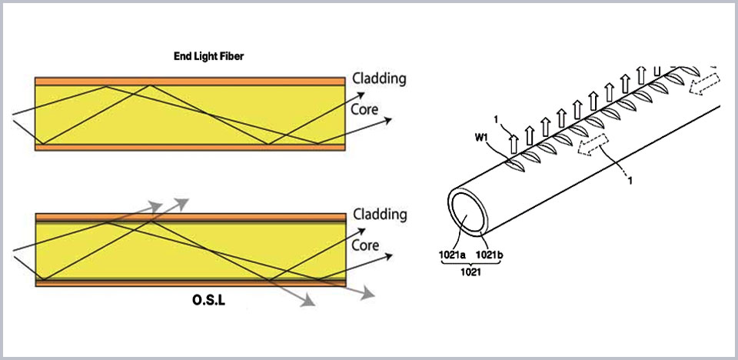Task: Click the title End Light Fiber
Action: pyautogui.click(x=209, y=57)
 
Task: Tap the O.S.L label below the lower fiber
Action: pyautogui.click(x=208, y=300)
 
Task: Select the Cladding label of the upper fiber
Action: pyautogui.click(x=379, y=78)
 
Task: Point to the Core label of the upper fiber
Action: pyautogui.click(x=364, y=109)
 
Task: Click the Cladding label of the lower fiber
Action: pyautogui.click(x=380, y=215)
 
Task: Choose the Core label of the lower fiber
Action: pyautogui.click(x=365, y=245)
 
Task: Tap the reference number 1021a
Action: pyautogui.click(x=452, y=255)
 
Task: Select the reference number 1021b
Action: pyautogui.click(x=490, y=255)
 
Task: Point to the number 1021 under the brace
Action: pyautogui.click(x=470, y=272)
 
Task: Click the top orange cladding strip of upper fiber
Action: pyautogui.click(x=190, y=81)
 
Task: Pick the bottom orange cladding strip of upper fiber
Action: pyautogui.click(x=190, y=147)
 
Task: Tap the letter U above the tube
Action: pyautogui.click(x=657, y=71)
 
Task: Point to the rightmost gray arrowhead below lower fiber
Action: pyautogui.click(x=367, y=294)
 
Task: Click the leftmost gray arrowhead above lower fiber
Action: pyautogui.click(x=155, y=206)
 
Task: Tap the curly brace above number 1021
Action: pyautogui.click(x=470, y=265)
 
